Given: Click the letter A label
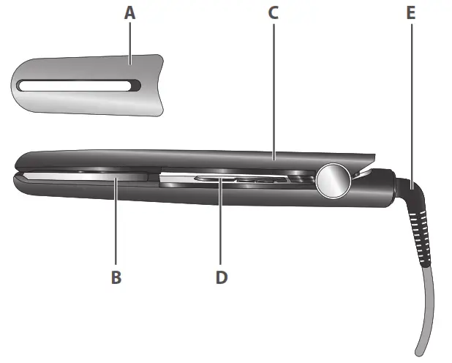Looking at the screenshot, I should [x=130, y=12].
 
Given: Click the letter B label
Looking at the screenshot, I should [x=116, y=277].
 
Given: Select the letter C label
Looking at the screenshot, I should [x=274, y=12].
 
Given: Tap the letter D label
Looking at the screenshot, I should [x=222, y=277].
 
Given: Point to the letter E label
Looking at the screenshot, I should [x=410, y=12].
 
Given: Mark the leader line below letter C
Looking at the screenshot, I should [x=274, y=88].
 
